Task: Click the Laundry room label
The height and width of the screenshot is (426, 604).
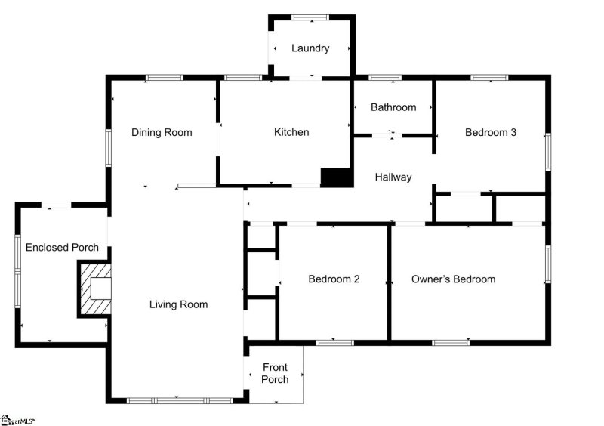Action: tap(310, 48)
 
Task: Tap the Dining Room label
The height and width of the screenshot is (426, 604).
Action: tap(162, 132)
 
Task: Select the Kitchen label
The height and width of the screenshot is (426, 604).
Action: tap(291, 132)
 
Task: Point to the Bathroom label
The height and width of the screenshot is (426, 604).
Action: tap(393, 107)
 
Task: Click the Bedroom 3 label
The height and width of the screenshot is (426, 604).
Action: tap(491, 132)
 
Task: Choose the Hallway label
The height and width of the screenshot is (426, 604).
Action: tap(393, 177)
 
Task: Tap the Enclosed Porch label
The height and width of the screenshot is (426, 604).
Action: tap(62, 248)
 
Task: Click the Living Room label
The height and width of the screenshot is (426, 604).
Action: tap(178, 304)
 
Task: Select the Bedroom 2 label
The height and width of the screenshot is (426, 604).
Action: tap(334, 279)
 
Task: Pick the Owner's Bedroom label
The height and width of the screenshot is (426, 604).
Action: tap(453, 279)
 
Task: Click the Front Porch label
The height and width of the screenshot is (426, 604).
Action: tap(275, 373)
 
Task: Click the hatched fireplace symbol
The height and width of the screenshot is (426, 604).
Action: tap(95, 289)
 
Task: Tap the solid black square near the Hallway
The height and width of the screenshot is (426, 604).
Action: tap(337, 177)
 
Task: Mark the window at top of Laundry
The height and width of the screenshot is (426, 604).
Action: tap(310, 17)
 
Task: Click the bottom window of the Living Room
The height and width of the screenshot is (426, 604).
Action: tap(179, 400)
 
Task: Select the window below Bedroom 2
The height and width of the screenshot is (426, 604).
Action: tap(334, 343)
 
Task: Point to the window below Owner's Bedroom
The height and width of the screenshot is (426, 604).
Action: tap(451, 343)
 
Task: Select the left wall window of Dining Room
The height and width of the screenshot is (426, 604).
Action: tap(109, 148)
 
